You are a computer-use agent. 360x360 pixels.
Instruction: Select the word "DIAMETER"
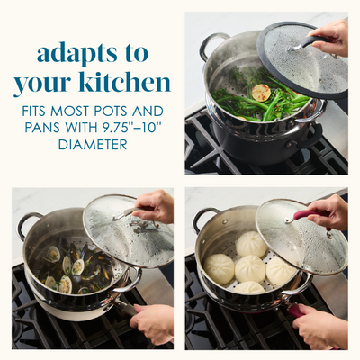tap(93, 145)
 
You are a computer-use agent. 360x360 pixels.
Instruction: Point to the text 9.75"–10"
tap(132, 128)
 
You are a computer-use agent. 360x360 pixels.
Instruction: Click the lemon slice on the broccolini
tap(261, 93)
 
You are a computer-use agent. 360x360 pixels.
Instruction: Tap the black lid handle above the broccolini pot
tap(312, 42)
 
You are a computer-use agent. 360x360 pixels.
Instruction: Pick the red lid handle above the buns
tap(308, 215)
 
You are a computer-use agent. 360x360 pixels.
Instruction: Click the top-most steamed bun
tap(251, 244)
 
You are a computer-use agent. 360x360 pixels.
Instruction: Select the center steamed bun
tap(250, 268)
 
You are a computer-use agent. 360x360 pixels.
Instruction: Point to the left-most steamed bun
tap(219, 269)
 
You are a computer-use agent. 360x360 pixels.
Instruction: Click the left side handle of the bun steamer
tap(200, 218)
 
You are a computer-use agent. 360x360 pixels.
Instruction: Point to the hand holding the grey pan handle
tap(152, 323)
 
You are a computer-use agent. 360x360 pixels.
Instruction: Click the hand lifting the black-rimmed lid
tap(330, 38)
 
